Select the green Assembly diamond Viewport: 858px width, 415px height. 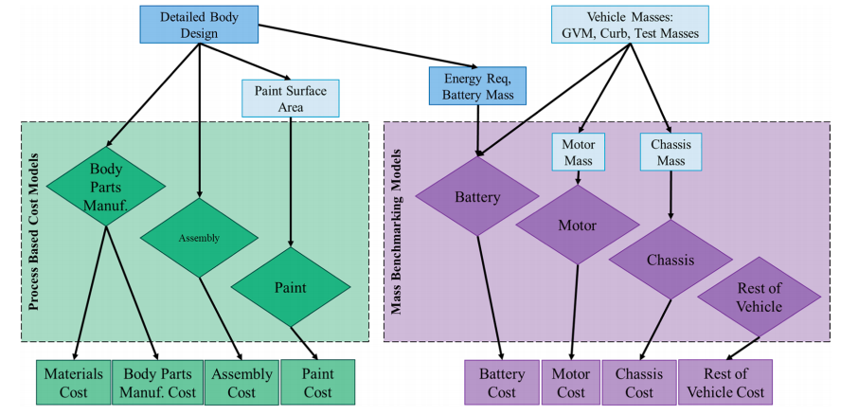coord(199,238)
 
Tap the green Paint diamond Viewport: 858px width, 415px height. coord(291,286)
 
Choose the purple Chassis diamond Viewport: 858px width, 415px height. coord(671,259)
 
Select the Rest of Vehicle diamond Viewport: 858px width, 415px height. coord(759,298)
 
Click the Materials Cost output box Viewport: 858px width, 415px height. coord(73,383)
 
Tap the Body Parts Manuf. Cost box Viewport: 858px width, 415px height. coord(157,383)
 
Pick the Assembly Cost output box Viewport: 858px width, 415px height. coord(241,383)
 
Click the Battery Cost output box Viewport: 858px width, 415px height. coord(502,383)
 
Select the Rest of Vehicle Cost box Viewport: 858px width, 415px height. coord(725,383)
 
